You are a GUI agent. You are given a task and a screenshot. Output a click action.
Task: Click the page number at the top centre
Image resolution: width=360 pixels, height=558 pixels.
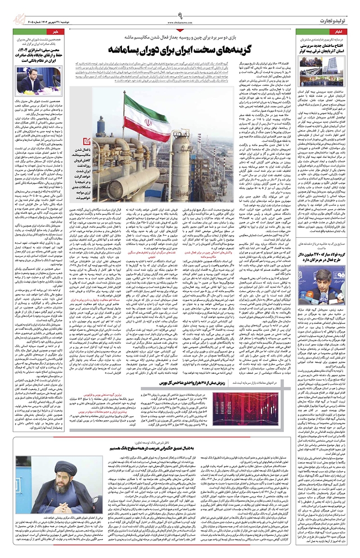pos(180,15)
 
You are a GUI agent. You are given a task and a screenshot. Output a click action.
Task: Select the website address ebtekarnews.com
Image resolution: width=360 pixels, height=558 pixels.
pos(180,22)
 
